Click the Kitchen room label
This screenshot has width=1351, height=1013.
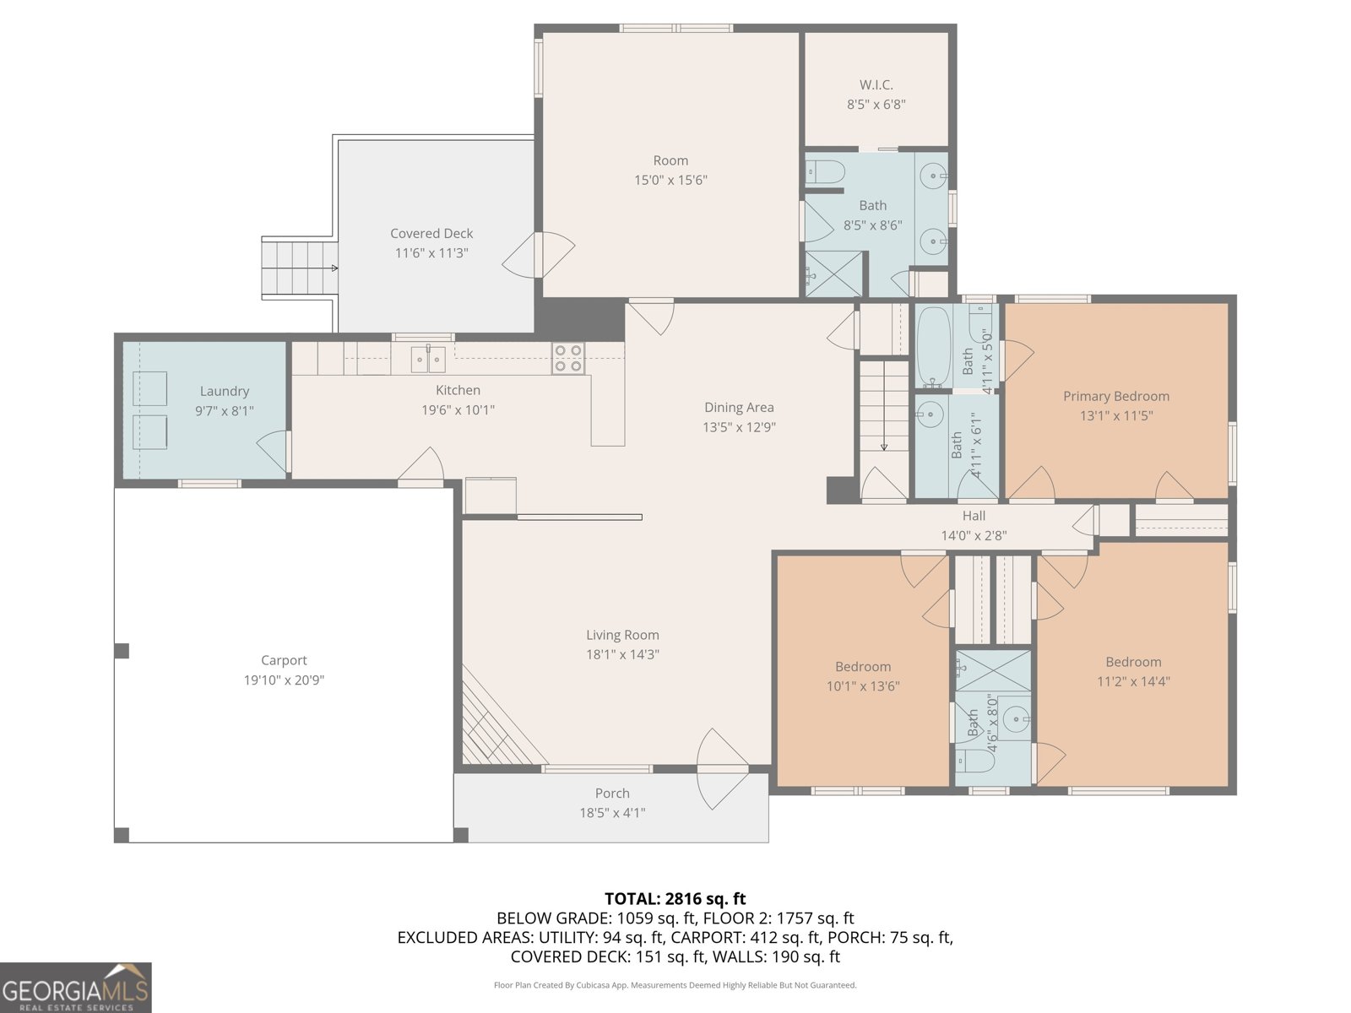(x=458, y=390)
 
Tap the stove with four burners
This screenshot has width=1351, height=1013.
(x=568, y=358)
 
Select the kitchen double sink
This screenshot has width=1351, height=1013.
(x=428, y=360)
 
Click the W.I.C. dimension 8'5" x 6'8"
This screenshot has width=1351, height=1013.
(x=876, y=105)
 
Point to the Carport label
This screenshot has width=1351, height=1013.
(x=284, y=660)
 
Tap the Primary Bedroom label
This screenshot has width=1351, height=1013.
(x=1115, y=396)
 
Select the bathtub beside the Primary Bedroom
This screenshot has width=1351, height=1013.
(x=934, y=346)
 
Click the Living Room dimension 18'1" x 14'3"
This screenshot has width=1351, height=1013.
(x=622, y=654)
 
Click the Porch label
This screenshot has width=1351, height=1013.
(x=612, y=793)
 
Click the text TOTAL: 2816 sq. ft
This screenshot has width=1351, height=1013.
(x=675, y=898)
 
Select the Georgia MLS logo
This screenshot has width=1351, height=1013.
(x=75, y=988)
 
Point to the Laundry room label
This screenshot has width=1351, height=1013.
(x=224, y=391)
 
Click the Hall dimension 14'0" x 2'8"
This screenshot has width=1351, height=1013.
(x=974, y=535)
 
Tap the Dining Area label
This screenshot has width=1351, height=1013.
(x=739, y=407)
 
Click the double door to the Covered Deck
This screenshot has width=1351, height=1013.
(x=539, y=254)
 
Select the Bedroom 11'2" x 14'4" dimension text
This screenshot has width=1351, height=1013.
(x=1133, y=681)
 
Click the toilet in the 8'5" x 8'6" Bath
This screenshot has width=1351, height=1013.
(x=825, y=172)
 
